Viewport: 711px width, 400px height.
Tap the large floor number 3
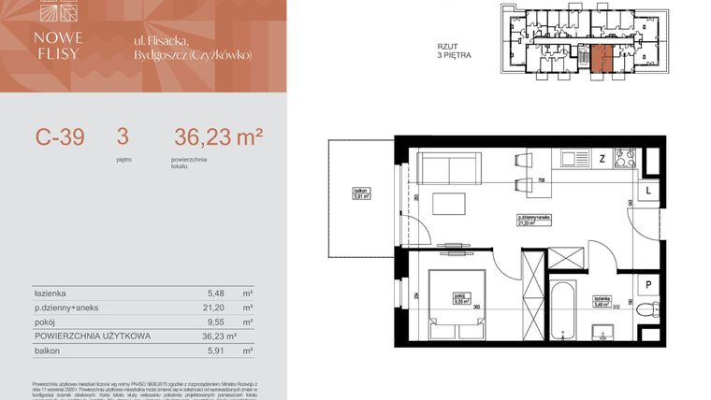pos(122,137)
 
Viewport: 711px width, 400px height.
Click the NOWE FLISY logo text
pos(58,45)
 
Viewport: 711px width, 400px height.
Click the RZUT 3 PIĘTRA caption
pos(454,50)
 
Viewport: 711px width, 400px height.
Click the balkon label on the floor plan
pos(361,195)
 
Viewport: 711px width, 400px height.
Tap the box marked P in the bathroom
pos(647,287)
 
